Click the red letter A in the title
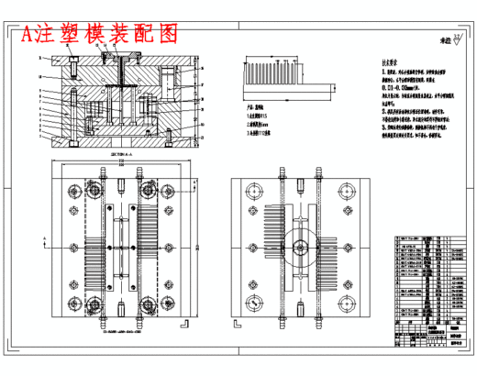pos(31,34)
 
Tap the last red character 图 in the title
pos(165,34)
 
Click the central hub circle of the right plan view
pos(300,247)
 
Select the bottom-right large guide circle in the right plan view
pos(345,304)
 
